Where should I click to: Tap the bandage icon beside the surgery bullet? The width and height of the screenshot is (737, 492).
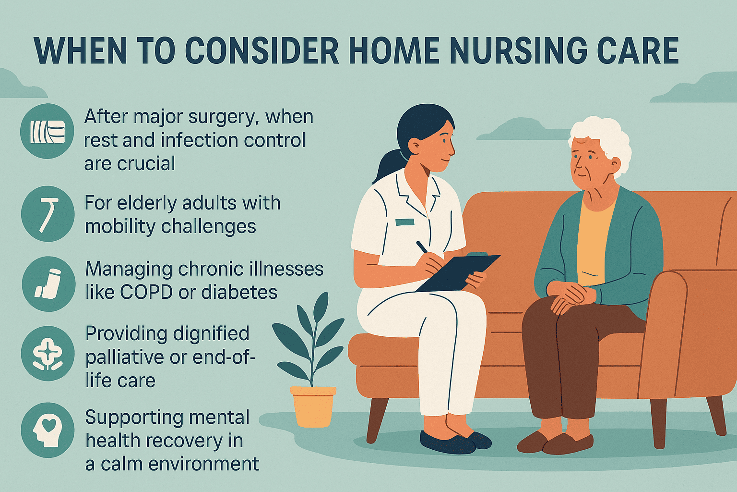(x=47, y=131)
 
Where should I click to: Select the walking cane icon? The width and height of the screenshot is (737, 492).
(x=48, y=214)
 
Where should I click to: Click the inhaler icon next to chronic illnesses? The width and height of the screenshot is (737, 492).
(x=48, y=283)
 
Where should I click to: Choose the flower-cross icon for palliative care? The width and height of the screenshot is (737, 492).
(x=48, y=355)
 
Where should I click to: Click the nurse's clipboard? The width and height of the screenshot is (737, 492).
(x=458, y=272)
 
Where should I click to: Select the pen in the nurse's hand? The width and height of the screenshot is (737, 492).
(x=422, y=247)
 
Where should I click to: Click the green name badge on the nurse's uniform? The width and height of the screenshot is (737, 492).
(x=404, y=222)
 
